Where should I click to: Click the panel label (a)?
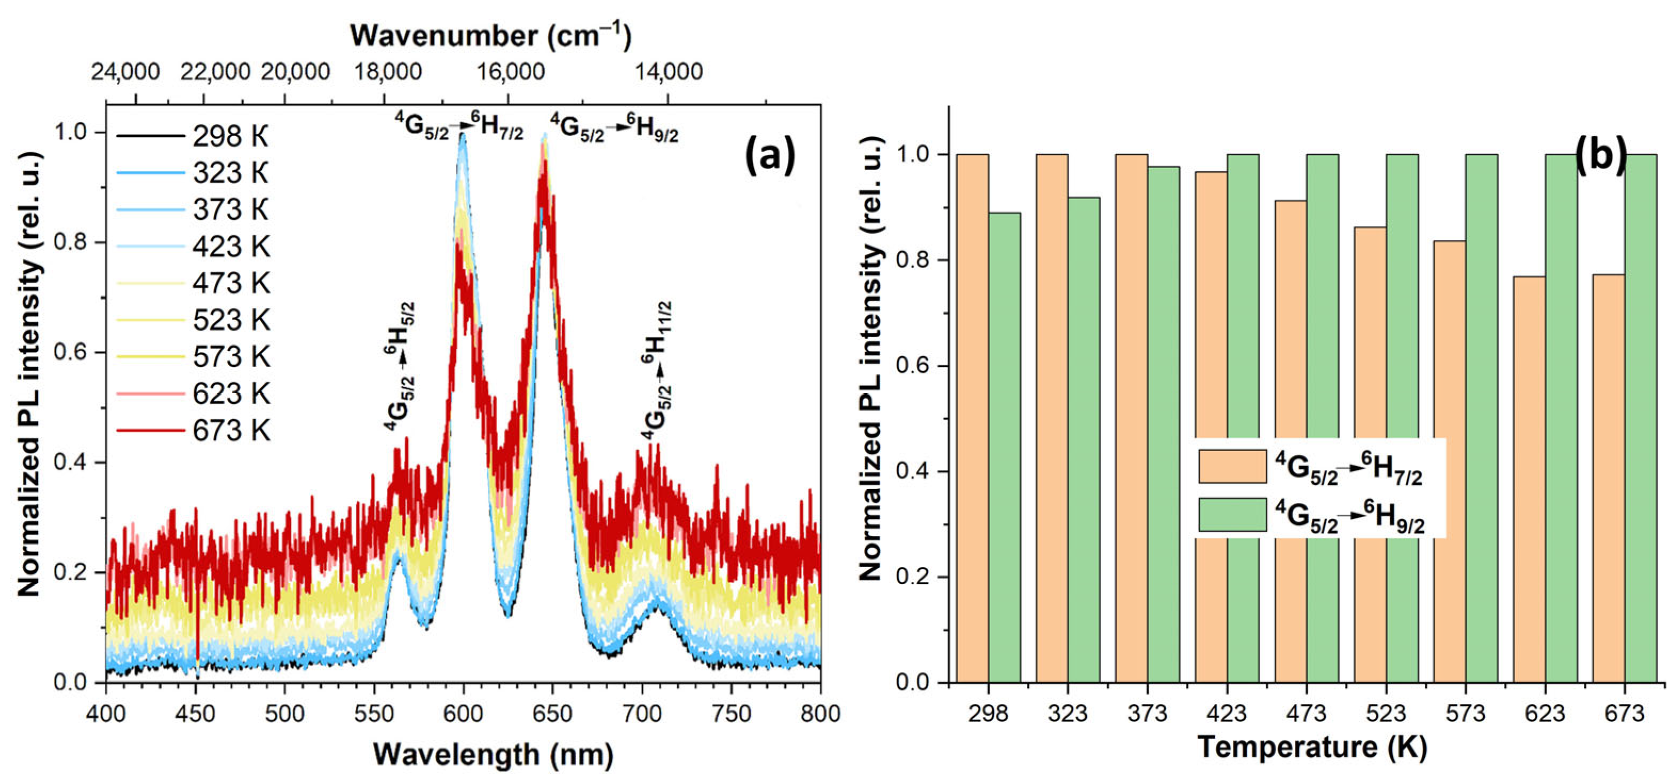coord(770,157)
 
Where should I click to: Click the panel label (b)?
coord(1601,156)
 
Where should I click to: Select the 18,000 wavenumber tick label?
coord(388,71)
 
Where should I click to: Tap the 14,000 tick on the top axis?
coord(668,71)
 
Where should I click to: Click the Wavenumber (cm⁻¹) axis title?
coord(491,35)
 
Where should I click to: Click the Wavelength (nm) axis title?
coord(493,755)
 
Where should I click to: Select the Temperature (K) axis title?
coord(1311,746)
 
